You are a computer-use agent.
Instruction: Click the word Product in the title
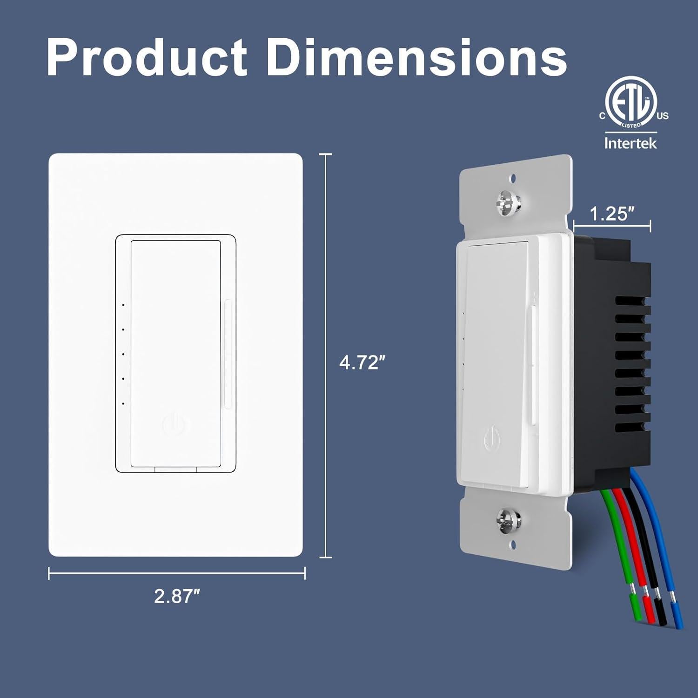click(147, 58)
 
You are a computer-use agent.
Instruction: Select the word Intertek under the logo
click(631, 143)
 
